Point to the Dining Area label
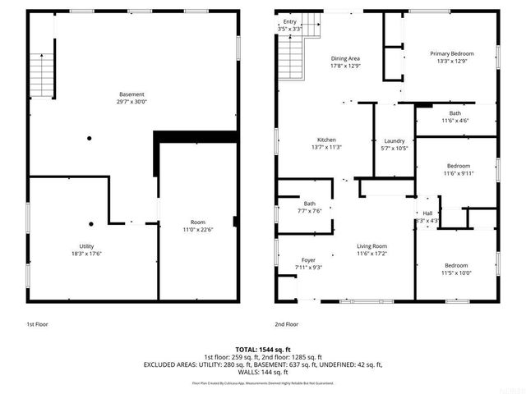coord(345,58)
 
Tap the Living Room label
coord(371,246)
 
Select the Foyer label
coord(308,260)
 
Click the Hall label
coord(427,213)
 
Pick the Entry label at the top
coord(290,22)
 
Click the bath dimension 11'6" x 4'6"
coord(454,121)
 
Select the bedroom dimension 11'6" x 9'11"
coord(459,172)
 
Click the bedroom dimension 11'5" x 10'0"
coord(456,273)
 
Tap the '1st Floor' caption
coord(37,324)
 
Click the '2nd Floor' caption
coord(287,324)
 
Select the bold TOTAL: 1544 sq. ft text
coord(263,350)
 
